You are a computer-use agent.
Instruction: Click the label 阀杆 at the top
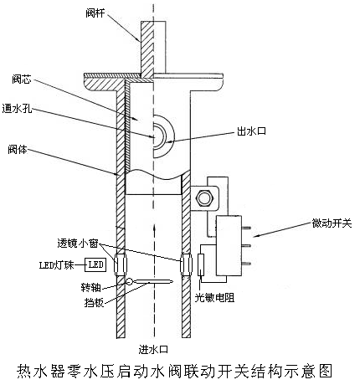[x=95, y=13]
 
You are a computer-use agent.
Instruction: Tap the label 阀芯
[x=21, y=80]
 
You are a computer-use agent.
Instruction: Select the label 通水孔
[x=17, y=109]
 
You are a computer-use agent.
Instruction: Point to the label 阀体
[x=18, y=150]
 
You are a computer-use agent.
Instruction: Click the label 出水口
[x=251, y=131]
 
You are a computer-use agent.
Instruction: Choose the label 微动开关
[x=332, y=223]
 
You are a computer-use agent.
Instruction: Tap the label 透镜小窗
[x=78, y=243]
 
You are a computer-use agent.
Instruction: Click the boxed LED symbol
[x=95, y=264]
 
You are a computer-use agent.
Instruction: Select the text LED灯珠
[x=57, y=264]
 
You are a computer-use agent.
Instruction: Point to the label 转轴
[x=90, y=287]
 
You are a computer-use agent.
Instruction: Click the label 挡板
[x=94, y=302]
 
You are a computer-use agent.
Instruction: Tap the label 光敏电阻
[x=214, y=298]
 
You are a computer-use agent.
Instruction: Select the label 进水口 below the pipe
[x=153, y=349]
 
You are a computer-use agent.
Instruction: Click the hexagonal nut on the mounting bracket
[x=205, y=198]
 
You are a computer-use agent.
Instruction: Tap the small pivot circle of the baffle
[x=130, y=281]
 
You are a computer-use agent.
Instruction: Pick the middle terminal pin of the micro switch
[x=246, y=245]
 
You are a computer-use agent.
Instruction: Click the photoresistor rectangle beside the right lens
[x=201, y=264]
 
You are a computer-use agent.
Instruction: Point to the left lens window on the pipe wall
[x=121, y=264]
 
